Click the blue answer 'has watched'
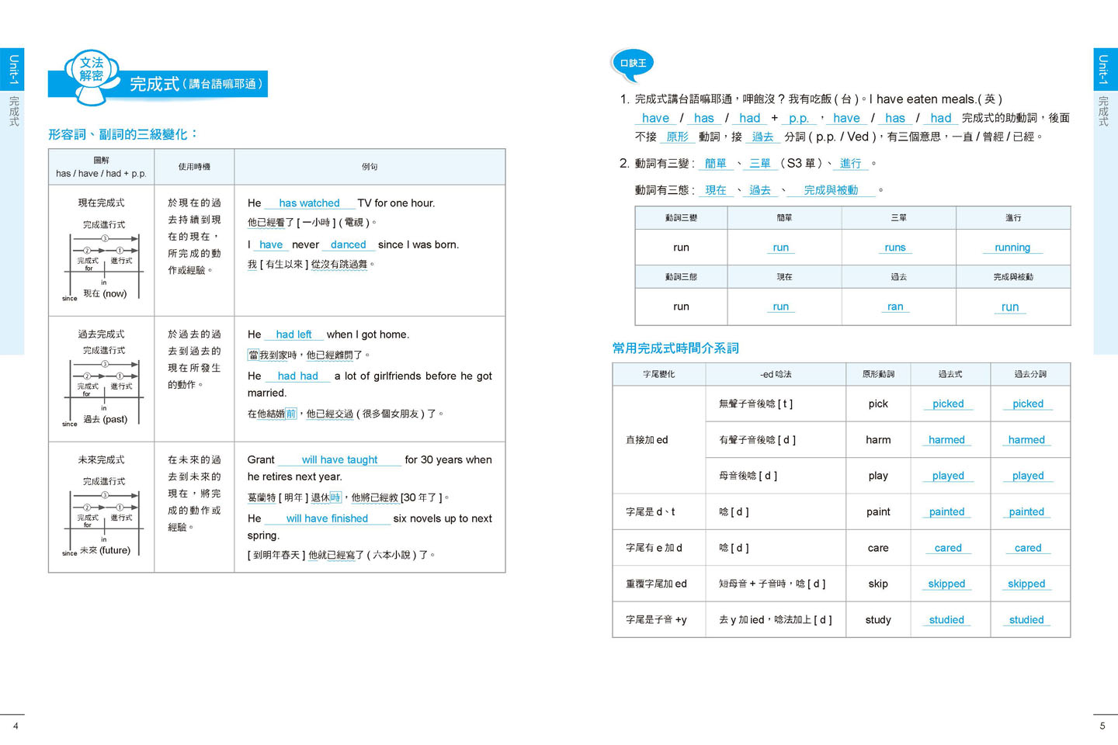point(309,203)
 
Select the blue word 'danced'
point(348,244)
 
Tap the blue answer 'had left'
point(293,334)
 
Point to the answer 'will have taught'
point(339,460)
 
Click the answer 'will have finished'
point(327,518)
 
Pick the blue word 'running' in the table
point(1012,248)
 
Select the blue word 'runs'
point(895,248)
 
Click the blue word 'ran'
point(895,307)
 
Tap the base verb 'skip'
point(878,584)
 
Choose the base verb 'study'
point(878,620)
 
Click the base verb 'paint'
point(878,512)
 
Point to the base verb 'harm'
point(878,440)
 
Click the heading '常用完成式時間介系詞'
point(675,348)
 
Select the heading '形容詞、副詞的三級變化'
point(123,134)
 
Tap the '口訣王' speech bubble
point(633,63)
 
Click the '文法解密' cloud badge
point(92,70)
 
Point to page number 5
point(1102,726)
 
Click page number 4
point(16,726)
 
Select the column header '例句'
point(370,167)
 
